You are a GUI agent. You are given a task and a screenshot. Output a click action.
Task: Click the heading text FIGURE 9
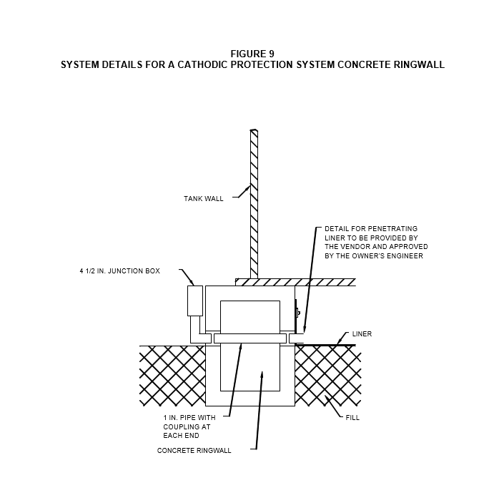click(252, 54)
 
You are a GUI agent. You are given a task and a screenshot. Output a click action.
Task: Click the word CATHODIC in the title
click(202, 64)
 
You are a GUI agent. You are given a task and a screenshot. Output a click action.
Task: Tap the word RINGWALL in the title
click(419, 64)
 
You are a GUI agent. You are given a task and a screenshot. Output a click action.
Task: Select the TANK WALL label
click(204, 199)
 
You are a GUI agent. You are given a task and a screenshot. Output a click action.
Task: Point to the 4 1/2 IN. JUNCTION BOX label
click(120, 271)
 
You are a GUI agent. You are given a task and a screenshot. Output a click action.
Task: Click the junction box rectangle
click(195, 301)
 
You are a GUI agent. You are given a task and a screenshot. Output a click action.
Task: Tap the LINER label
click(362, 334)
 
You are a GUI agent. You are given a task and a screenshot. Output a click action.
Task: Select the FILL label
click(352, 417)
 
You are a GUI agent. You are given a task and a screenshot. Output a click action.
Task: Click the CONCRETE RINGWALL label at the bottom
click(194, 451)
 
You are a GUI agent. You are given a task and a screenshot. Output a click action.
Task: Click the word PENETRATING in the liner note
click(392, 229)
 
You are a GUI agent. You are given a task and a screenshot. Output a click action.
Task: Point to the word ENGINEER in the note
click(407, 256)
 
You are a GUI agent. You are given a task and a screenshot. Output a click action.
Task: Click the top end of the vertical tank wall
click(254, 130)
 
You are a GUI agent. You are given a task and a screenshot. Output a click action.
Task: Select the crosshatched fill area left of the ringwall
click(172, 376)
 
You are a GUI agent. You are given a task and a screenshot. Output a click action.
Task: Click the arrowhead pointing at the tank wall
click(249, 186)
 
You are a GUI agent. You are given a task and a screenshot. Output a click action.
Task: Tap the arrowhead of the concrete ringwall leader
click(262, 375)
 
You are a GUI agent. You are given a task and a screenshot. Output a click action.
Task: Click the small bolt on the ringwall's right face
click(298, 312)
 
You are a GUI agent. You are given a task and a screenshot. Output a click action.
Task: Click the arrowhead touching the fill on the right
click(326, 398)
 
